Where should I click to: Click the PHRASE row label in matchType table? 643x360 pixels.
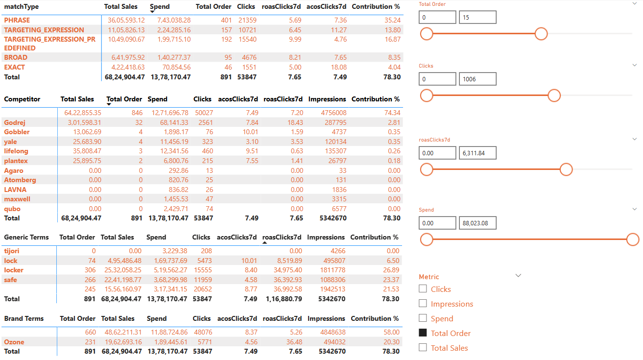coord(17,20)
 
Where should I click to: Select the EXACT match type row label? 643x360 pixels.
coord(15,67)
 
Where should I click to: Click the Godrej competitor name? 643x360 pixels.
coord(15,122)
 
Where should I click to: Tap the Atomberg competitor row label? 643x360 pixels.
coord(20,180)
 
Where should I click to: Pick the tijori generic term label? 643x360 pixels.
coord(12,251)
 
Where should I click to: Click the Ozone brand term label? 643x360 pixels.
coord(14,342)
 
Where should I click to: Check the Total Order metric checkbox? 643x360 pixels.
coord(423,333)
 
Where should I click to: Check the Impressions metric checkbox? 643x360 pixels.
coord(423,304)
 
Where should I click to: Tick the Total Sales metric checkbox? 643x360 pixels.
coord(423,348)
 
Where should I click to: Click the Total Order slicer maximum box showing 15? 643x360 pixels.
coord(477,17)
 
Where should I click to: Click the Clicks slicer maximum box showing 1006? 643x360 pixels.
coord(477,79)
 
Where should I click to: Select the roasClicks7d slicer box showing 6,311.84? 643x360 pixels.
coord(477,153)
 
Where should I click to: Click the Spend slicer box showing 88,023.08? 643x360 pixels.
coord(477,223)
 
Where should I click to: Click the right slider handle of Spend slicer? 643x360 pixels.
coord(633,240)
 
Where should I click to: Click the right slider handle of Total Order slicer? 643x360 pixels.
coord(541,34)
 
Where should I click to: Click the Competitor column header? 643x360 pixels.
coord(22,99)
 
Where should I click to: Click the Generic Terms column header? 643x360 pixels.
coord(26,237)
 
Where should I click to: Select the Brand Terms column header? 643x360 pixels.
coord(24,318)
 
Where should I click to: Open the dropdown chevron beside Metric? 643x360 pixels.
coord(519,276)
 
